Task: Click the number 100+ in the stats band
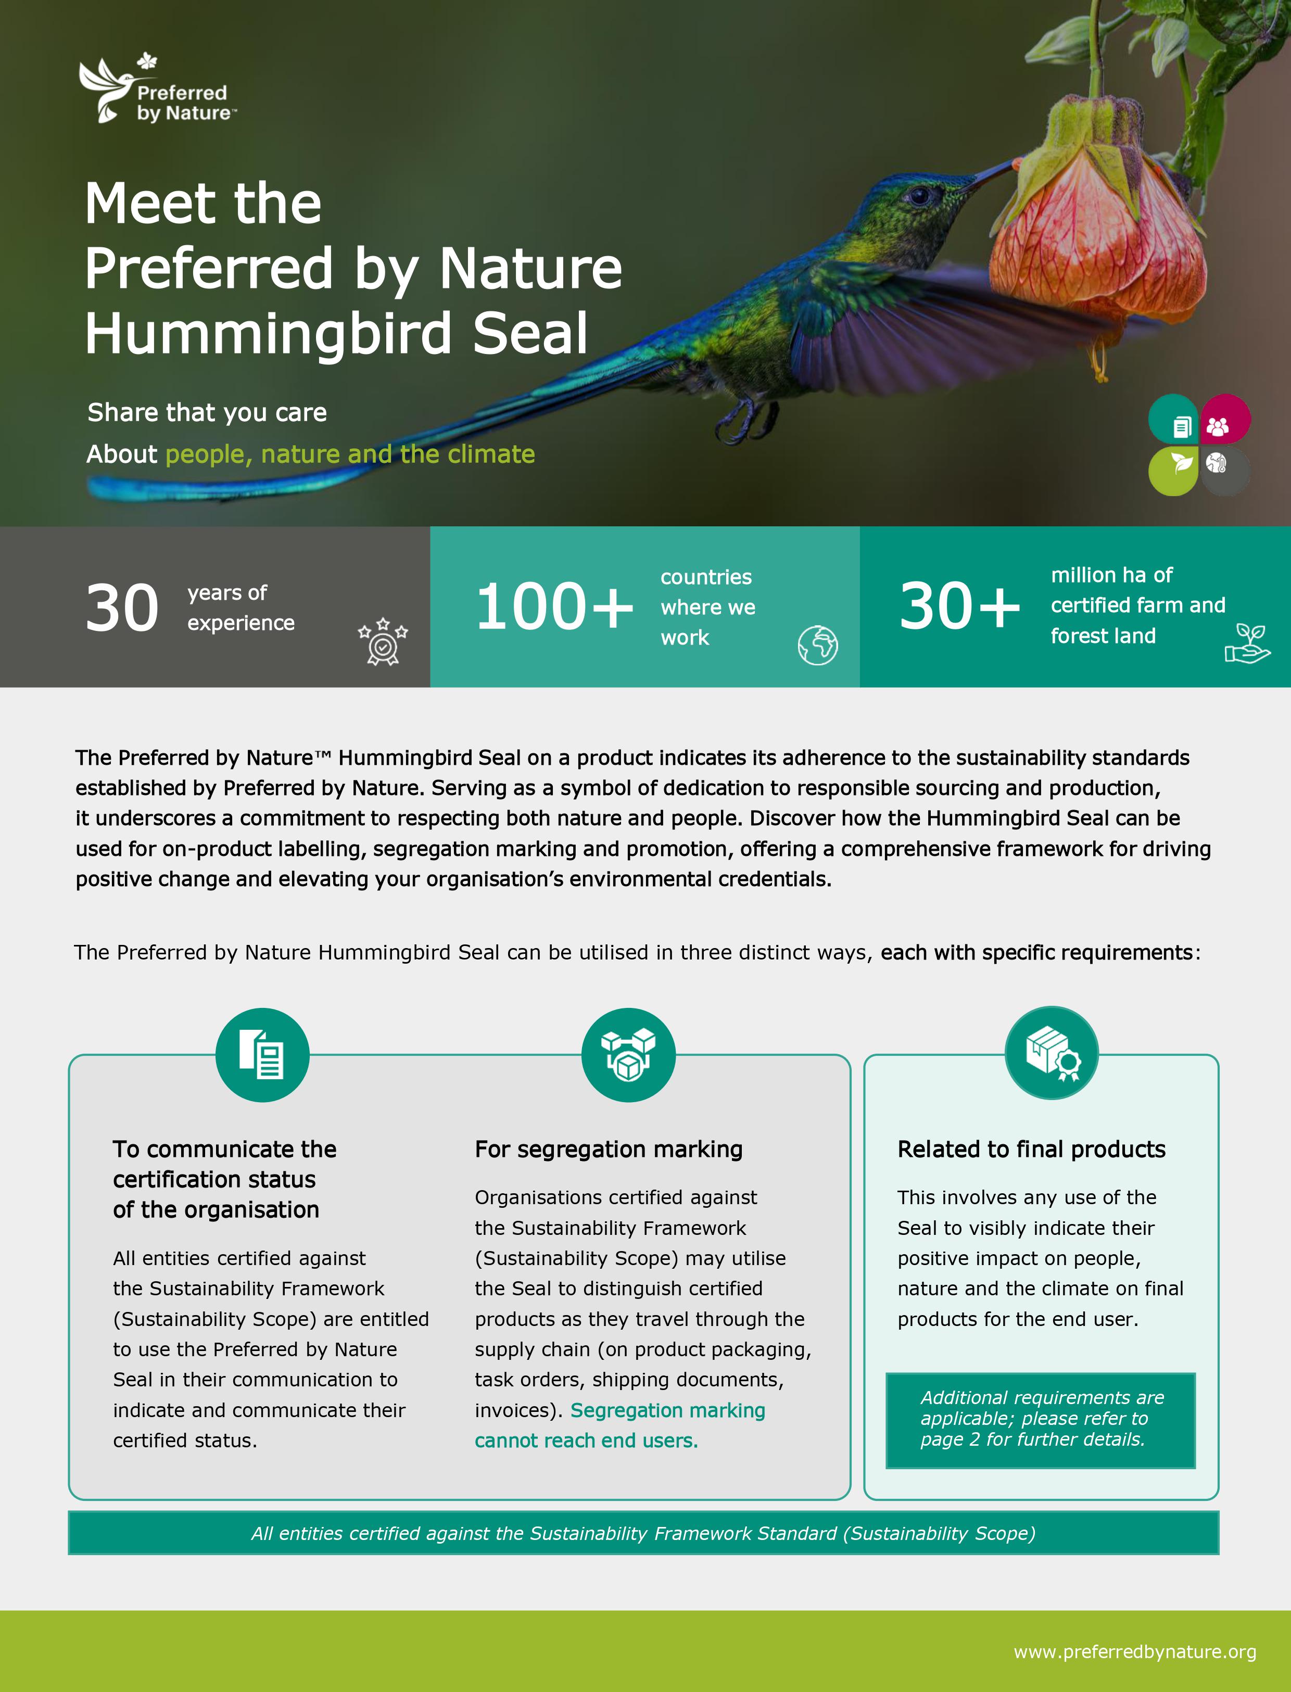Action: pyautogui.click(x=554, y=607)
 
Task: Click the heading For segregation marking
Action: pyautogui.click(x=609, y=1149)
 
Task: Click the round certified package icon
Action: pyautogui.click(x=1052, y=1053)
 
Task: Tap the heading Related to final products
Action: pyautogui.click(x=1031, y=1149)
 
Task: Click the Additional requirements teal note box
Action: pyautogui.click(x=1041, y=1419)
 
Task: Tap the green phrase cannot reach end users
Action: pyautogui.click(x=586, y=1441)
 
